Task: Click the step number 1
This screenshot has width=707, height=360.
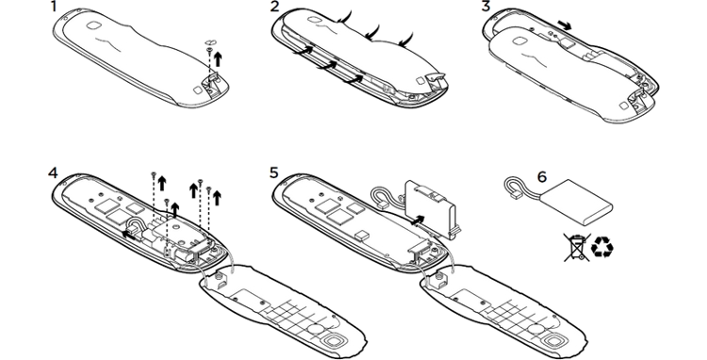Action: [54, 7]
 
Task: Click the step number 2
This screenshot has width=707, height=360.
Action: [274, 7]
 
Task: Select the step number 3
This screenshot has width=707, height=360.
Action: [485, 7]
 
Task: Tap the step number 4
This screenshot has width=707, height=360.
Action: [53, 172]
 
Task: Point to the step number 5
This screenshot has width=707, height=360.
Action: [274, 172]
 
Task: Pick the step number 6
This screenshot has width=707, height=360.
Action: [541, 176]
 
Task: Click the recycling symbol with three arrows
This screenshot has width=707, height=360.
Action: [602, 247]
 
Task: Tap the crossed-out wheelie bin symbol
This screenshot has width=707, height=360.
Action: [577, 247]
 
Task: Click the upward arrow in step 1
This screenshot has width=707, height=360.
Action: [219, 59]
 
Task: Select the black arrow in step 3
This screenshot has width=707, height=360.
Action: [564, 25]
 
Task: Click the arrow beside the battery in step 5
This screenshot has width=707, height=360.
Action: [418, 220]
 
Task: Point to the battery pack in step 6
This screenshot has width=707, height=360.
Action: [576, 203]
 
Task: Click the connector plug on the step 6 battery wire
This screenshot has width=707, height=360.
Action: [513, 195]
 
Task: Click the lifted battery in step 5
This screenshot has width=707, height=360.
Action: [431, 209]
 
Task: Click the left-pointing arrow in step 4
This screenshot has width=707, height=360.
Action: [128, 234]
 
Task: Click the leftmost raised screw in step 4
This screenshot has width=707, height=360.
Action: [154, 175]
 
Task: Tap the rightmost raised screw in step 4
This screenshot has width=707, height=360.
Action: [208, 188]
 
